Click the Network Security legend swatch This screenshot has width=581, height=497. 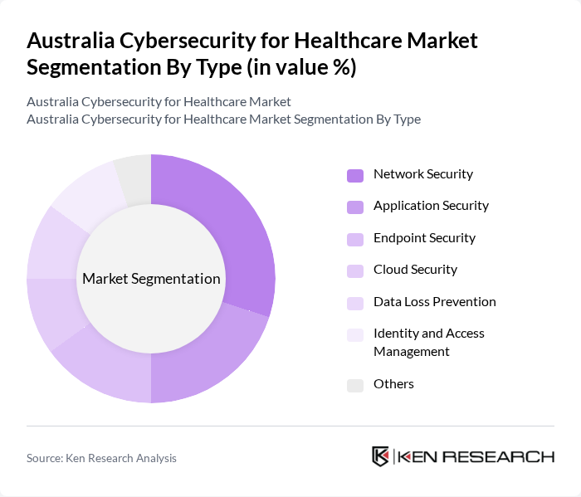tap(355, 175)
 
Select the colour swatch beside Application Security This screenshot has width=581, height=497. tap(355, 207)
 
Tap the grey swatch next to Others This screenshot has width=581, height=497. tap(355, 385)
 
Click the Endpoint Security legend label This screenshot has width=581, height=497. tap(424, 238)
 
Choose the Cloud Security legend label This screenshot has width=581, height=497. tap(415, 270)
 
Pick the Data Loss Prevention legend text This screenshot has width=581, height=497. tap(434, 302)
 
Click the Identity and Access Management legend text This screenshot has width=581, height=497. tap(428, 342)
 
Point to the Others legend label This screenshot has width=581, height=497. tap(393, 384)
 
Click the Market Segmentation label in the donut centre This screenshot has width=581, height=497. tap(151, 279)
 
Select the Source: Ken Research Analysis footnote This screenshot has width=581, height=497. tap(101, 458)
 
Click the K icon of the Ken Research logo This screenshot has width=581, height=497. tap(380, 456)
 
